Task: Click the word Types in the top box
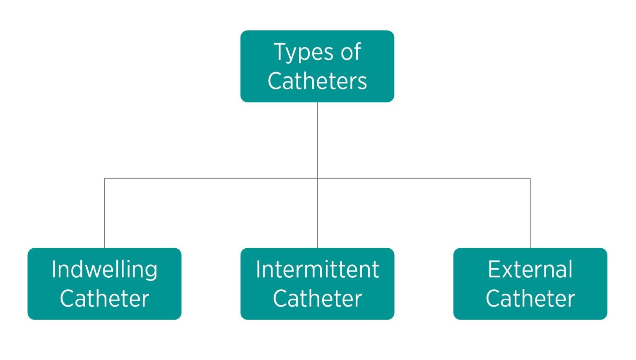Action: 304,53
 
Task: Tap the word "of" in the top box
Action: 351,53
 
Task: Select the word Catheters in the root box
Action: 317,81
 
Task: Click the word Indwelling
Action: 104,270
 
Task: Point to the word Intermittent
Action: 317,270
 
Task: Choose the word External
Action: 530,270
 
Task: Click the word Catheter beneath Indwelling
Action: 104,299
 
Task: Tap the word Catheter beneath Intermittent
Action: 317,299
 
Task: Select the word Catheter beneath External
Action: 530,299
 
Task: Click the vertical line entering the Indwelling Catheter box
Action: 104,213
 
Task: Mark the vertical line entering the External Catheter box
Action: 530,213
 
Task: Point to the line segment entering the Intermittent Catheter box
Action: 317,213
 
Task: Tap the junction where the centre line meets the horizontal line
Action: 317,178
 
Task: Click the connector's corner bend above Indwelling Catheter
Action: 104,178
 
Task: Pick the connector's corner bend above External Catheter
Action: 530,178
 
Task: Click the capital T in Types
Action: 280,52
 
